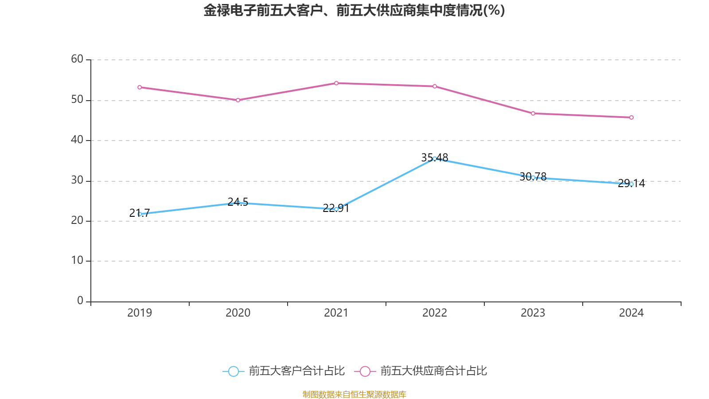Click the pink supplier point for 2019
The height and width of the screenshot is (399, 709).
pos(140,87)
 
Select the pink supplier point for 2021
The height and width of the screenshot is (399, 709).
pos(336,83)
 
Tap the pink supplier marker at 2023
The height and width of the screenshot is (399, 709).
pos(533,113)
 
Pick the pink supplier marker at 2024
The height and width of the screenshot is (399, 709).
pos(631,117)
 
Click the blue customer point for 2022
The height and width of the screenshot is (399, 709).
pos(435,158)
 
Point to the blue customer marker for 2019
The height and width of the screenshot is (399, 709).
pos(140,214)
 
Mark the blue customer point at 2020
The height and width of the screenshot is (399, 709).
pos(238,203)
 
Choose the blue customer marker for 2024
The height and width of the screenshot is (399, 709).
pos(631,184)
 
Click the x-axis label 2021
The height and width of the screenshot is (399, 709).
pos(336,313)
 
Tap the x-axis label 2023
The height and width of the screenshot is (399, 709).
pos(533,313)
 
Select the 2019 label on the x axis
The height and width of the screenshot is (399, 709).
pos(140,313)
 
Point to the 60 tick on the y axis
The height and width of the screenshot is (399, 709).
pos(77,59)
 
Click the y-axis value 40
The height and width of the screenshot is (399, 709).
pos(77,140)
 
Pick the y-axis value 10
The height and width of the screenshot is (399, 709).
pos(77,261)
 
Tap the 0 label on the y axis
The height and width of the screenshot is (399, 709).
pos(80,301)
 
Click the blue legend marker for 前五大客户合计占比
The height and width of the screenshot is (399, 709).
pos(234,372)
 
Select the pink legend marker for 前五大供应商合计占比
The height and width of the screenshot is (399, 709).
pos(365,372)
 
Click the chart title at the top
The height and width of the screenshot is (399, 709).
pos(354,10)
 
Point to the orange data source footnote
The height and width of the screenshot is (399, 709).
pos(354,394)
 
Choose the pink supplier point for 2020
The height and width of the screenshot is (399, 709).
pos(238,100)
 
